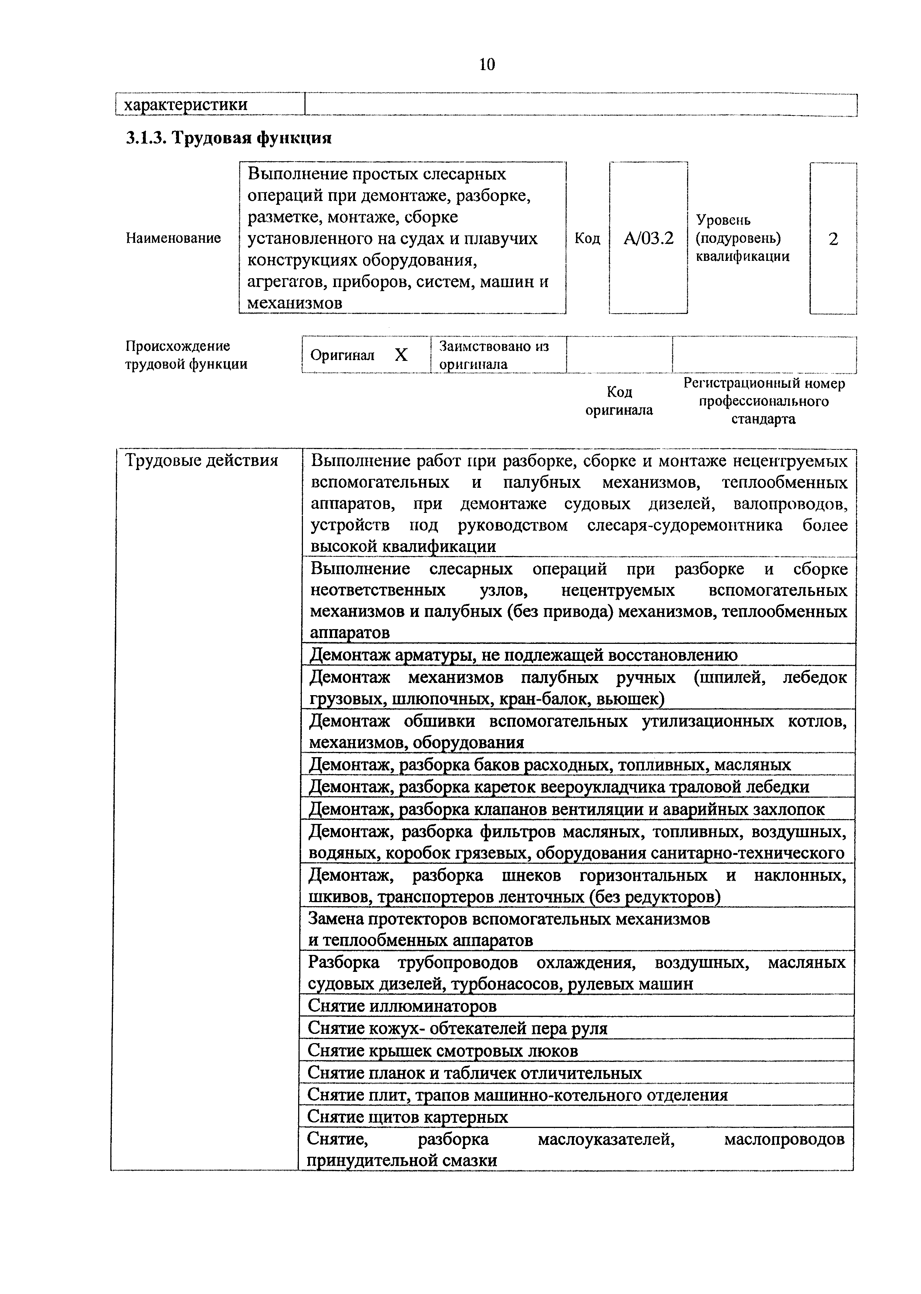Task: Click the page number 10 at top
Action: click(487, 65)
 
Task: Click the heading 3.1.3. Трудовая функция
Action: click(228, 138)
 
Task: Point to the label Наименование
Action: click(173, 238)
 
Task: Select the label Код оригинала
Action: click(619, 401)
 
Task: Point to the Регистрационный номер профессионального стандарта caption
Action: click(763, 401)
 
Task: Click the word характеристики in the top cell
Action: click(186, 105)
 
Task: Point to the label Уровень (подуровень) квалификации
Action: click(742, 238)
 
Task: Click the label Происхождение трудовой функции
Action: click(186, 355)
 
